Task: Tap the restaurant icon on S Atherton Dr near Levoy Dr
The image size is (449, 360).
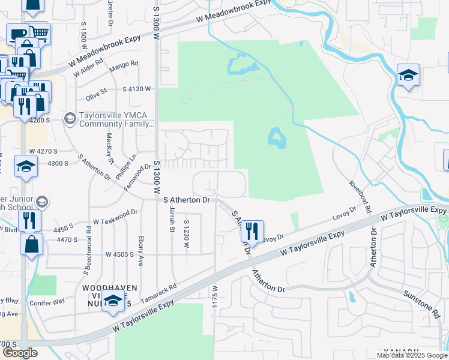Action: [252, 230]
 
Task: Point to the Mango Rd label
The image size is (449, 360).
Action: [124, 64]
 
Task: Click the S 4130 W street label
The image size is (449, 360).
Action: [136, 89]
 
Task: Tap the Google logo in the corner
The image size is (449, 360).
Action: [19, 353]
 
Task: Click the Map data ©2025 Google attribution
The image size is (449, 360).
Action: [412, 355]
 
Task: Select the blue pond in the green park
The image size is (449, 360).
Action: [277, 139]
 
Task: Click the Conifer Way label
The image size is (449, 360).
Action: [48, 301]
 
